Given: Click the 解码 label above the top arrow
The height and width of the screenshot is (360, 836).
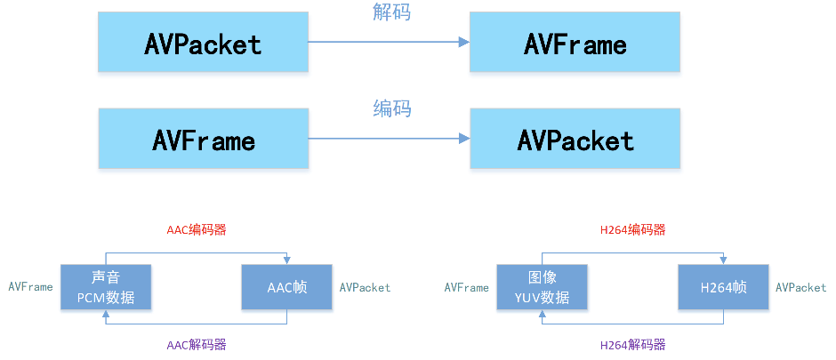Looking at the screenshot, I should (x=391, y=12).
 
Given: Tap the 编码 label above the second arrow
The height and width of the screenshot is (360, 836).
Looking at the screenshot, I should (x=391, y=109).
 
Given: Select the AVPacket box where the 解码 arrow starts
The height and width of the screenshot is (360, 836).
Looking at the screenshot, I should (x=204, y=43).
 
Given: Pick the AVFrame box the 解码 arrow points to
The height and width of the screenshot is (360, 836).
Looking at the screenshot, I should (x=575, y=43).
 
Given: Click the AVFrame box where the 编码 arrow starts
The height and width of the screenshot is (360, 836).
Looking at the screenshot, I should (x=204, y=140).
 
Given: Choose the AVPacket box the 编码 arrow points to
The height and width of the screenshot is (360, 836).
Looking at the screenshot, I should (x=575, y=140).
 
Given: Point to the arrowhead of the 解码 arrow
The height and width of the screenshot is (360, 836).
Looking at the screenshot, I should (x=463, y=42).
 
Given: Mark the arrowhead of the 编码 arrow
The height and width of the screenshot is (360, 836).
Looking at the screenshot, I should (x=463, y=139).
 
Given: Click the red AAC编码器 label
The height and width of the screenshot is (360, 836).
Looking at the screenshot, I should (x=197, y=229).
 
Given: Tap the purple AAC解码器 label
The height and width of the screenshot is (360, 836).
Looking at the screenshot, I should (x=197, y=345).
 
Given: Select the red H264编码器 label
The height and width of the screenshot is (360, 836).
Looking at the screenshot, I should (x=632, y=229).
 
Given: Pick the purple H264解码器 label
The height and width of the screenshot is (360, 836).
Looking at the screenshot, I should (x=632, y=345).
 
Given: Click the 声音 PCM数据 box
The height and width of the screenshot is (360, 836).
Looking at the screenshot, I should (x=105, y=286).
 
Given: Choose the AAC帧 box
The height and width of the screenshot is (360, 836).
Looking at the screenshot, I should (x=286, y=286).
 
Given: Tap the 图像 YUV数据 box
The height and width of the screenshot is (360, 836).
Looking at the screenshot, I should (x=543, y=286).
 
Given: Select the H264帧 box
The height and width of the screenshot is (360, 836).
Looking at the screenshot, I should (x=723, y=286).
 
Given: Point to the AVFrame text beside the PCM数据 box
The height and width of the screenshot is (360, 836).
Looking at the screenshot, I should (x=30, y=287).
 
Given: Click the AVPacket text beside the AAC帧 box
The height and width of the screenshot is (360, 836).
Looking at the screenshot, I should (x=365, y=287).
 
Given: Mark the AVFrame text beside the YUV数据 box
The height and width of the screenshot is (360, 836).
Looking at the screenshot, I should (x=466, y=287).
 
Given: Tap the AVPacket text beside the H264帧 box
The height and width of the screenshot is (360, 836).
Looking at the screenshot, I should (x=800, y=287).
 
